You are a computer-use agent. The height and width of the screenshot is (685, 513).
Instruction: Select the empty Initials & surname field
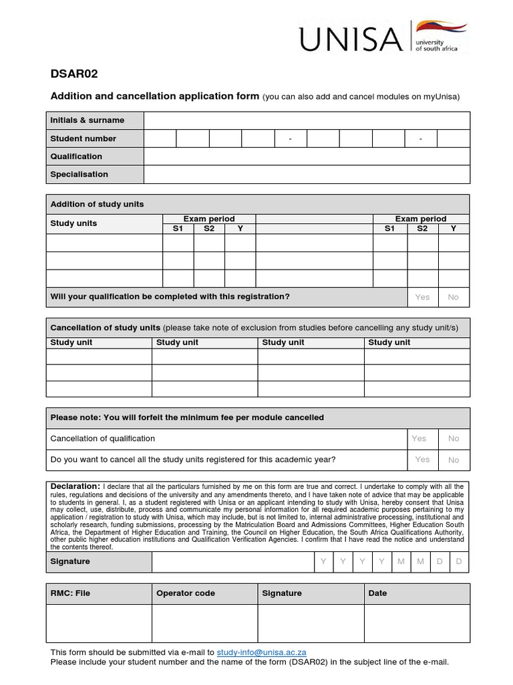click(x=307, y=120)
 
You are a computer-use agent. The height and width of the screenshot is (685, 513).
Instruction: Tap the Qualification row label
click(x=77, y=157)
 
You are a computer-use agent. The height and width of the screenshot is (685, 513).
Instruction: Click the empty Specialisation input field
click(x=307, y=175)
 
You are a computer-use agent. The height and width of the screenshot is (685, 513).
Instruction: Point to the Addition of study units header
click(x=98, y=204)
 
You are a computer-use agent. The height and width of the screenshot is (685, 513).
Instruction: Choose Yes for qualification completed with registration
click(x=422, y=297)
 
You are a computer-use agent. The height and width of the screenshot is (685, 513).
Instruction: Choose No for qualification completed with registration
click(x=454, y=297)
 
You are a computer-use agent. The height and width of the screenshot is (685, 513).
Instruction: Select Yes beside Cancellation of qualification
click(x=419, y=439)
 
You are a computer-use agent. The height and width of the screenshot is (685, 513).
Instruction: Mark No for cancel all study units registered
click(x=454, y=460)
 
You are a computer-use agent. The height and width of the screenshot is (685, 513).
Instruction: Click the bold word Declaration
click(x=75, y=486)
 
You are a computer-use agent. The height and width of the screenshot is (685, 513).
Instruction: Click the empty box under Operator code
click(x=204, y=623)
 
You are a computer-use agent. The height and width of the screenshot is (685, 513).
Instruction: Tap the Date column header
click(x=377, y=593)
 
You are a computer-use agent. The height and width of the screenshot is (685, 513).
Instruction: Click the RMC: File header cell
click(x=71, y=593)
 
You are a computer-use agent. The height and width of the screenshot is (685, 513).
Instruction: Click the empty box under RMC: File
click(x=99, y=623)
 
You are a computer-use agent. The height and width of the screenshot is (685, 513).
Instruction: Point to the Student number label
click(x=83, y=138)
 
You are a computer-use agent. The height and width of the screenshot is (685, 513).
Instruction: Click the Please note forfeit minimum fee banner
click(x=188, y=417)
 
